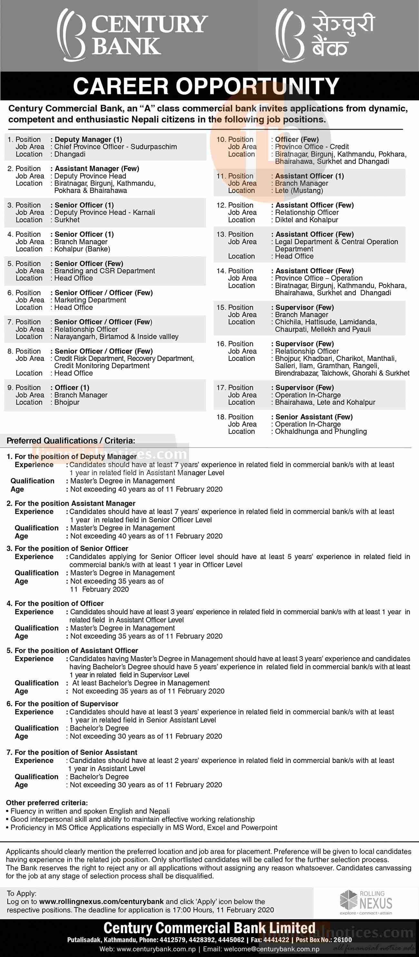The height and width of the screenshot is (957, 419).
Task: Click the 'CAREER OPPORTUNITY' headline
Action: coord(206,86)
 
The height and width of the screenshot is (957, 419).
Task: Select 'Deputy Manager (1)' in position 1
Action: coord(88,139)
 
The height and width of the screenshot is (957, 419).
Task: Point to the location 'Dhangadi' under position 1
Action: coord(70,154)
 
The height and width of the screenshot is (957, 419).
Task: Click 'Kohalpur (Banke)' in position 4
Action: coord(82,249)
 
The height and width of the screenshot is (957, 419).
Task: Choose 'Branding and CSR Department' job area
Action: coord(105,271)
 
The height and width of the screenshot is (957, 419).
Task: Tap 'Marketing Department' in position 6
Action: coord(90,300)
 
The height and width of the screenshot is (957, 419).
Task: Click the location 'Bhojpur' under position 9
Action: coord(67,402)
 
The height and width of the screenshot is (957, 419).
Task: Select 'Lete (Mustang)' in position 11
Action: coord(299,190)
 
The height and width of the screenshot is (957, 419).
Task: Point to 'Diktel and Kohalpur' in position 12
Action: coord(307,220)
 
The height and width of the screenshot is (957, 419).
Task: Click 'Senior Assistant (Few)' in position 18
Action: coord(314,417)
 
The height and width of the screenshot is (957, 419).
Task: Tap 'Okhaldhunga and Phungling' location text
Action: coord(321,431)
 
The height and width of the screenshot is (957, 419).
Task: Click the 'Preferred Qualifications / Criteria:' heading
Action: coord(71,440)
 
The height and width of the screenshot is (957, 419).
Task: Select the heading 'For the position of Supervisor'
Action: coord(63,704)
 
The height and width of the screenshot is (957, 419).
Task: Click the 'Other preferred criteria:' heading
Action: coord(47,803)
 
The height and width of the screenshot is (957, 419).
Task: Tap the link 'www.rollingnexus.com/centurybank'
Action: coord(102,902)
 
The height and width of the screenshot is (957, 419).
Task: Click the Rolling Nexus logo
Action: coord(366,902)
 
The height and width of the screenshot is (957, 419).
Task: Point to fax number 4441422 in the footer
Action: coord(276,940)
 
